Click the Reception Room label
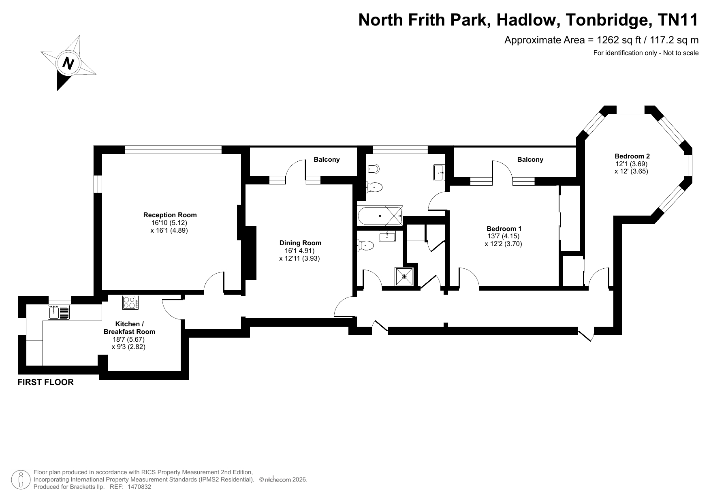[170, 215]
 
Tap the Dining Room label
[300, 243]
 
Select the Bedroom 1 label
[504, 229]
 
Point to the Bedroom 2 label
[632, 156]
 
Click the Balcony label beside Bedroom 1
[530, 160]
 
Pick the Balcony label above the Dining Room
[327, 160]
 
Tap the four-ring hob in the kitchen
[130, 303]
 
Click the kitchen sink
[59, 313]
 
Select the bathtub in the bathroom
[380, 216]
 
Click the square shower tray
[404, 277]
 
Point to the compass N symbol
[68, 63]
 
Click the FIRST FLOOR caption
[46, 382]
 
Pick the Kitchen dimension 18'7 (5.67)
[128, 339]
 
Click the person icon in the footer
[21, 480]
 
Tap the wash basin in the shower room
[388, 236]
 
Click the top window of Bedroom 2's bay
[630, 110]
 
